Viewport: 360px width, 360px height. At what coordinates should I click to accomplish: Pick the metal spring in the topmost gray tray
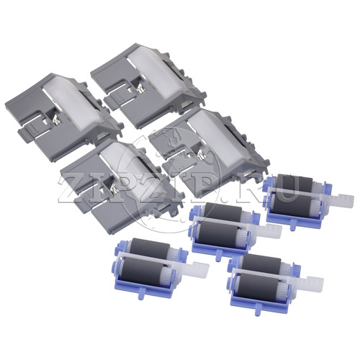(x=140, y=89)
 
